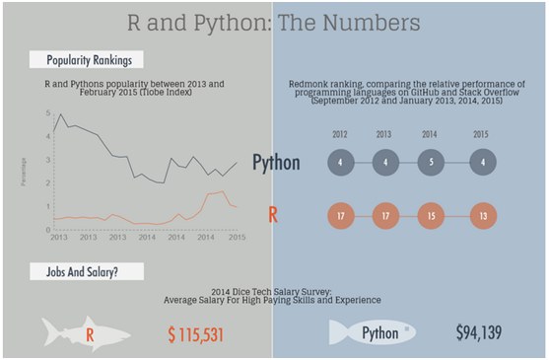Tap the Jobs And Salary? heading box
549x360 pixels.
[87, 270]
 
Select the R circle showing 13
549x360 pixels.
[483, 214]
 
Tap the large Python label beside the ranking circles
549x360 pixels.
[276, 163]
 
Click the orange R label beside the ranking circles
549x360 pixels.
[272, 214]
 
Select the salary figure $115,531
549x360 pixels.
[197, 334]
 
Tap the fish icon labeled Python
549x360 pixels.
[374, 333]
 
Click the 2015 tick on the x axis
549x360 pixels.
[237, 239]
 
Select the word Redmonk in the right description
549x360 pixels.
[307, 85]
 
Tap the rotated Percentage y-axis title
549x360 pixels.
[24, 172]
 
